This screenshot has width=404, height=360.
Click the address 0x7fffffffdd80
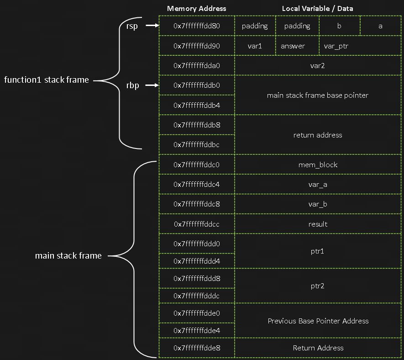(x=197, y=26)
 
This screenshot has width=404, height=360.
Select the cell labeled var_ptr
(x=336, y=46)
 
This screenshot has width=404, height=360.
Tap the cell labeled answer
(x=293, y=46)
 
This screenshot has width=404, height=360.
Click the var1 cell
(x=255, y=46)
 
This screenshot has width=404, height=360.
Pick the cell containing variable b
(x=339, y=26)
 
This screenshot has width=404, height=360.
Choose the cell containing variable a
(x=380, y=26)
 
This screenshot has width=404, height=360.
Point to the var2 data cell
(x=317, y=66)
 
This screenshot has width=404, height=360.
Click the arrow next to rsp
(x=151, y=26)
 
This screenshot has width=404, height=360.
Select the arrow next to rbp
(x=151, y=85)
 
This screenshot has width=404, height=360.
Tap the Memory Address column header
(x=196, y=8)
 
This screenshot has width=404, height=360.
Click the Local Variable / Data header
(x=317, y=8)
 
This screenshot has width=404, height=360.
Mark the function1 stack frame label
(x=46, y=80)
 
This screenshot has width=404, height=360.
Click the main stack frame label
(x=68, y=255)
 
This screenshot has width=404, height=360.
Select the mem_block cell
(x=317, y=164)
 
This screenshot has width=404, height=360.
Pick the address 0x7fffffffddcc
(x=197, y=224)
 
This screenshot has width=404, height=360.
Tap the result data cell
(x=317, y=224)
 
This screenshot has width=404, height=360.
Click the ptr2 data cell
(x=317, y=286)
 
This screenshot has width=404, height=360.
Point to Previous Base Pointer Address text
(x=317, y=321)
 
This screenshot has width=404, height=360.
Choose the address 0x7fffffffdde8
(x=197, y=348)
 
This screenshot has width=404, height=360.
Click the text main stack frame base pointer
(x=317, y=95)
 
